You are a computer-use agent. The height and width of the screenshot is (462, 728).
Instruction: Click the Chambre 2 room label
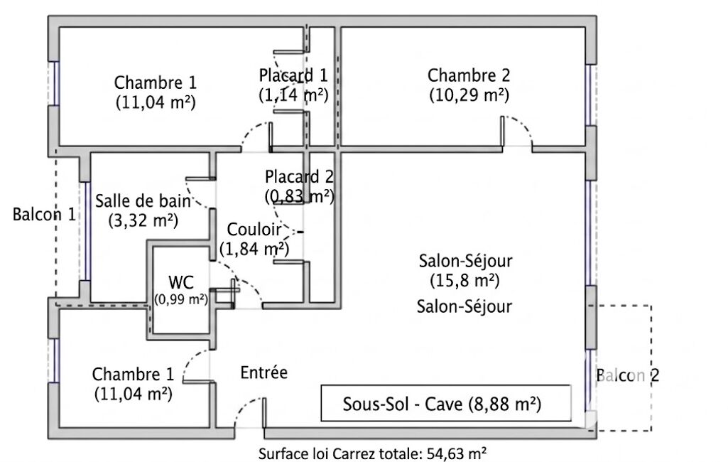[469, 75]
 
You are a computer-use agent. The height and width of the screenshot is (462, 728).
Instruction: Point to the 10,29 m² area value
[469, 93]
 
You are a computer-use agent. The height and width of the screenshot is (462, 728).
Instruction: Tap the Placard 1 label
[293, 75]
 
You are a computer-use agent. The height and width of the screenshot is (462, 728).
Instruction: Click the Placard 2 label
[299, 177]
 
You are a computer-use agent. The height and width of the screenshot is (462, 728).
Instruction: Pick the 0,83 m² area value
[299, 195]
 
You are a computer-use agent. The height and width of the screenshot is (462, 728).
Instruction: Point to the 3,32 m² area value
[143, 220]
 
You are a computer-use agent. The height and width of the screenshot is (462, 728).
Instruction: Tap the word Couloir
[254, 230]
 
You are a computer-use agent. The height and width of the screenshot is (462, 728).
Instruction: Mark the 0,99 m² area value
[181, 299]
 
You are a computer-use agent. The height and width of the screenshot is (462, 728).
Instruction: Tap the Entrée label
[264, 372]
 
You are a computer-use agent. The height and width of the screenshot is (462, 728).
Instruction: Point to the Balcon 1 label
[44, 214]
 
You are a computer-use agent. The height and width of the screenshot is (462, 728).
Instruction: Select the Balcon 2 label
[628, 376]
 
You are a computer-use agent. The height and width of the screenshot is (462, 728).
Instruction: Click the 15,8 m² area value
[465, 279]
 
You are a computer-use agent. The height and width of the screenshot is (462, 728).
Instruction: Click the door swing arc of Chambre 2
[522, 128]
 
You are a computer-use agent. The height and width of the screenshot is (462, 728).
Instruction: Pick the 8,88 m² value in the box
[505, 404]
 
